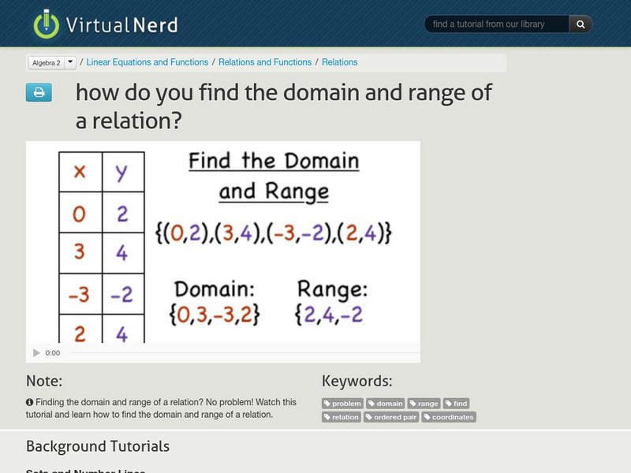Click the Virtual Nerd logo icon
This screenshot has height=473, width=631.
[x=47, y=24]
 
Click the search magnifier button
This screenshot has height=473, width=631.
[x=581, y=24]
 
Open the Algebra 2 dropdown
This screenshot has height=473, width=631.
[x=70, y=62]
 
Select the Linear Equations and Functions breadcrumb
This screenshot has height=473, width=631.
[x=147, y=62]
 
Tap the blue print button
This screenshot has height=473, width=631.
[x=39, y=93]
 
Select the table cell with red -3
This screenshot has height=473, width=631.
[x=79, y=295]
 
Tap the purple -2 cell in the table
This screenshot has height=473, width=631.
[x=121, y=295]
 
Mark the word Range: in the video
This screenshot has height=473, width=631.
[x=332, y=289]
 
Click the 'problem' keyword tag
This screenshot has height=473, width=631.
[x=342, y=404]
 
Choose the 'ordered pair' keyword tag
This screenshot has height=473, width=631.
[x=391, y=417]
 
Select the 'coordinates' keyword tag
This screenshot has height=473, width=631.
[x=449, y=417]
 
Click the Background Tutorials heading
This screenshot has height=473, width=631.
[x=98, y=446]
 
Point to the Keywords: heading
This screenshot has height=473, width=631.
[x=357, y=382]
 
